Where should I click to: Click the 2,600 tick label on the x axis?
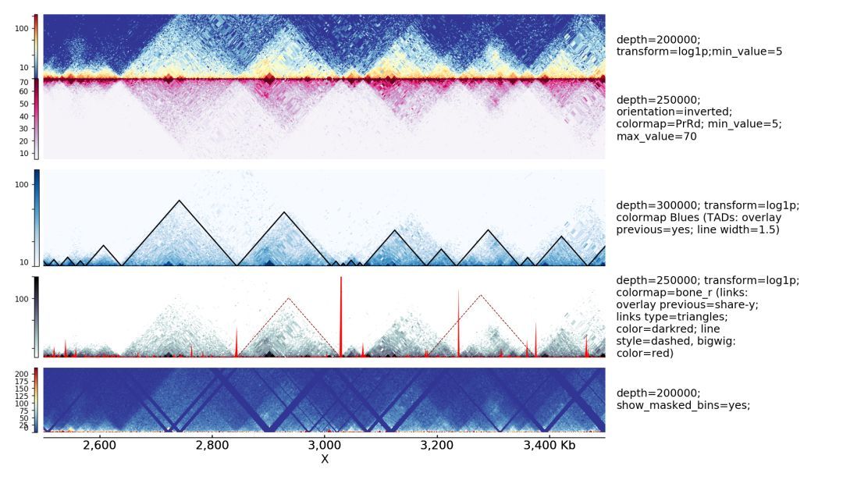point(98,445)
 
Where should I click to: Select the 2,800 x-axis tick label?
point(212,445)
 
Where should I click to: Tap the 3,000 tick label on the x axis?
point(325,445)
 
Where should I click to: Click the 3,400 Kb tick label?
point(557,445)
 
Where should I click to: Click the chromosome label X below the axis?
point(325,459)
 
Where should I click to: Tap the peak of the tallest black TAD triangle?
point(180,201)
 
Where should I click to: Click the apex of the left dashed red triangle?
point(289,298)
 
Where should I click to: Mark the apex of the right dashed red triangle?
point(481,295)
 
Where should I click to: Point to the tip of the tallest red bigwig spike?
point(341,278)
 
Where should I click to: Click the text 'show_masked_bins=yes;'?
point(683,405)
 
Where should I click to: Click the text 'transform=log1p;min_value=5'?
point(699,52)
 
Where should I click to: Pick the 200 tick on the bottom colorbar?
point(22,375)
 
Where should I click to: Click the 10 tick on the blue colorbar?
point(24,262)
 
